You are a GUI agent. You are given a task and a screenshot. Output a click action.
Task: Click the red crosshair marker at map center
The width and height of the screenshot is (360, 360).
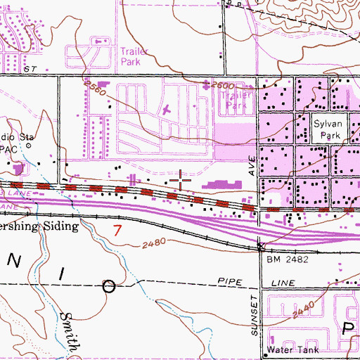point(180,181)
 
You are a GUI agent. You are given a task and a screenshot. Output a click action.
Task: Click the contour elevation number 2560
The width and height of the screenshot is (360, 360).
point(94,88)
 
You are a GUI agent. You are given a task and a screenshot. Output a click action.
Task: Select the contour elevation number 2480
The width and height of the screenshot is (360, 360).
point(162,243)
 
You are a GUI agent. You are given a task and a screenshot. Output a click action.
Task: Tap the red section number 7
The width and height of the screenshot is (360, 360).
point(118,229)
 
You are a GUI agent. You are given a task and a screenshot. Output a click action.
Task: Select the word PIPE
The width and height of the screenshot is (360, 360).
point(230,282)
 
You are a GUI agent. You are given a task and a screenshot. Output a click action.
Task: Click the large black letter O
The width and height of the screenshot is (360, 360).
point(110,286)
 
